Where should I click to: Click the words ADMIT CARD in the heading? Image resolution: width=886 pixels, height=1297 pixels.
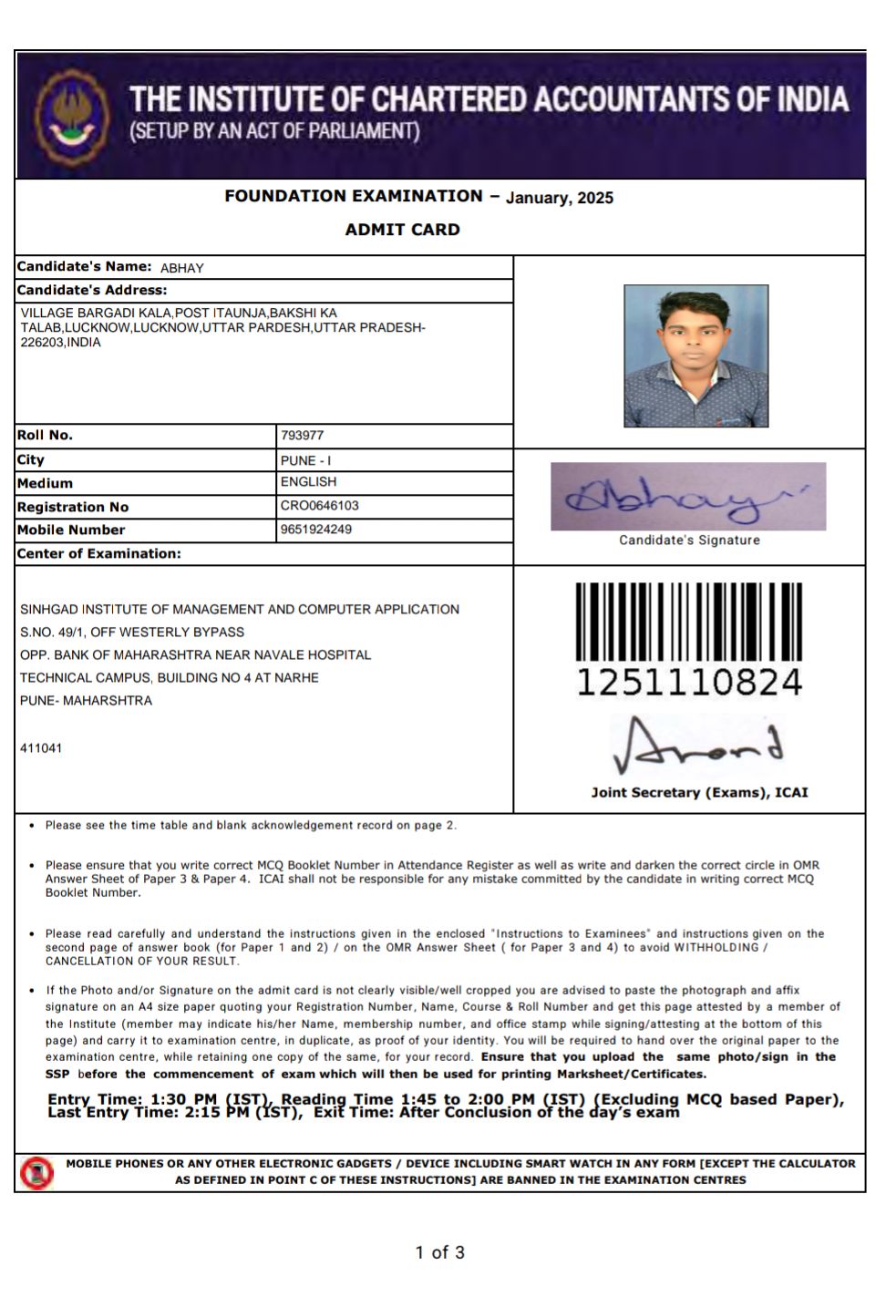pos(402,230)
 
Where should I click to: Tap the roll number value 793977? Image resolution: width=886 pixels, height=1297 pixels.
pos(302,436)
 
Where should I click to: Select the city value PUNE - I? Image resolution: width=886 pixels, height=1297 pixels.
pos(305,460)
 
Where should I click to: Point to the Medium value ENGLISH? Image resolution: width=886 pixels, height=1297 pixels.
pos(308,482)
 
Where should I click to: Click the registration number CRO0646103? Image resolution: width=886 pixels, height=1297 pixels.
pos(319,506)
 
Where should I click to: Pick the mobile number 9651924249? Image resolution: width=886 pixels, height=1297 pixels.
pos(315,530)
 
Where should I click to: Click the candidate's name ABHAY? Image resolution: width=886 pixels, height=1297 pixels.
pos(181,268)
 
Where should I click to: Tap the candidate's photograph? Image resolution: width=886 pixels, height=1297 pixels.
pos(695,355)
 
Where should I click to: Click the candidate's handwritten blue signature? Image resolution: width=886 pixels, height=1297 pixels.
pos(687,497)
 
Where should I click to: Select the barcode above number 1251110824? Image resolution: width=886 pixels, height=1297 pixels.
pos(688,622)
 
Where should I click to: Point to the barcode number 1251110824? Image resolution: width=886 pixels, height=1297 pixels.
pos(688,682)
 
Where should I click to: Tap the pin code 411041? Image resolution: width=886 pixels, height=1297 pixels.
pos(41,748)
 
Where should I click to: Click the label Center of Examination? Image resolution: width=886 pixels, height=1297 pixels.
pos(98,553)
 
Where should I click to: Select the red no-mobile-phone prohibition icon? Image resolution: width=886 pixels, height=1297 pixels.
pos(37,1172)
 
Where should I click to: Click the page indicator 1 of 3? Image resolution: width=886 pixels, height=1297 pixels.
pos(439,1252)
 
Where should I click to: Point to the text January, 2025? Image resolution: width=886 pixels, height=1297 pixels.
pos(559,198)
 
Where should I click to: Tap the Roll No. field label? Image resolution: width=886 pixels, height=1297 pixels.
pos(45,436)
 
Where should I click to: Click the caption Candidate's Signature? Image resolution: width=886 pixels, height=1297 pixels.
pos(688,540)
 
